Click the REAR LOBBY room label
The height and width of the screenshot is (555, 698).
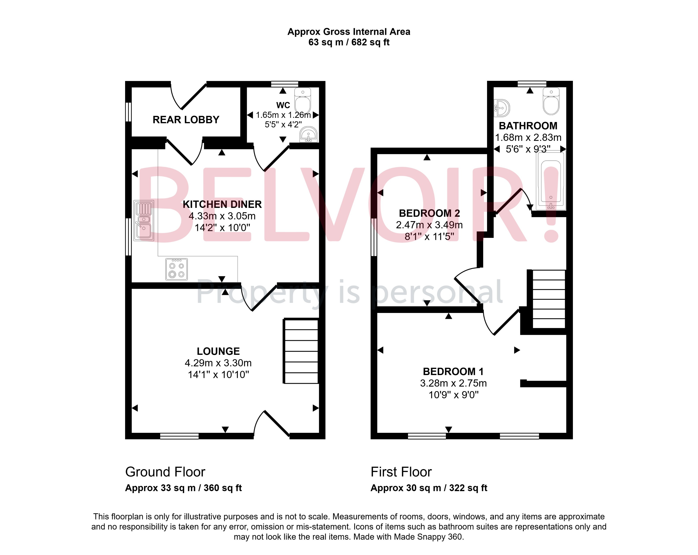(186, 120)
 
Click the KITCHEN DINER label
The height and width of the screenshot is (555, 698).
(222, 204)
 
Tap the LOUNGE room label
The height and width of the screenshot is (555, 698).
(218, 351)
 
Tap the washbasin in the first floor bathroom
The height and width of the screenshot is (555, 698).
(502, 108)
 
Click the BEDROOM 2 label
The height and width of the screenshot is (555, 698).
(429, 213)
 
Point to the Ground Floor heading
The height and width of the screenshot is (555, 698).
(165, 472)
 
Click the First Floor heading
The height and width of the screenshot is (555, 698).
(401, 472)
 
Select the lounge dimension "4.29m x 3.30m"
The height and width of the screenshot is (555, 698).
(218, 363)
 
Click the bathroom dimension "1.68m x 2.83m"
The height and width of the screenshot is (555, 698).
(528, 138)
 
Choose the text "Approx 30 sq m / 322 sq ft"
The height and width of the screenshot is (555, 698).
(429, 488)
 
